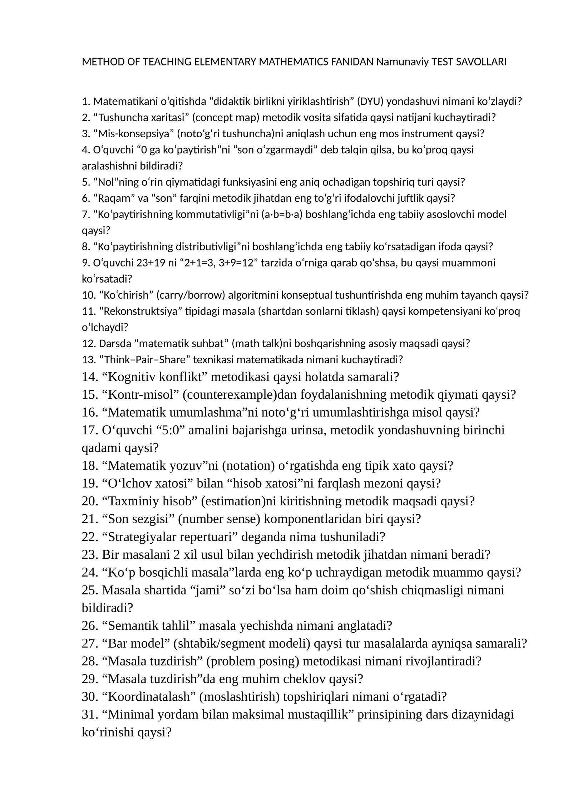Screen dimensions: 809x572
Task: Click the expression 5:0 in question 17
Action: pos(171,430)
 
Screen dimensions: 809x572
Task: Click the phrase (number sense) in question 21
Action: pos(219,519)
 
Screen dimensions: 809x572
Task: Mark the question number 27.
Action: pos(90,643)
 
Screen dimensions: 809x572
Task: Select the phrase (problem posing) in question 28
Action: pos(252,661)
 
